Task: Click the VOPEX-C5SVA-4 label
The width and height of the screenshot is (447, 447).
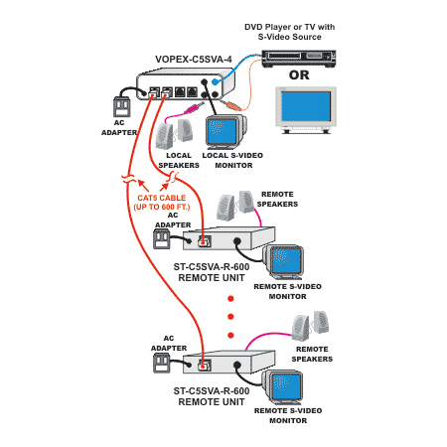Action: pyautogui.click(x=194, y=60)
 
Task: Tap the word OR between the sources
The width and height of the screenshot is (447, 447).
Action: pyautogui.click(x=299, y=75)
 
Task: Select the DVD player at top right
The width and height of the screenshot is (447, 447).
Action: pyautogui.click(x=299, y=59)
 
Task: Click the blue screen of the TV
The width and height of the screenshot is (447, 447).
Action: pyautogui.click(x=306, y=106)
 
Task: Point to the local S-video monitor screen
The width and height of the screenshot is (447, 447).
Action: pyautogui.click(x=222, y=131)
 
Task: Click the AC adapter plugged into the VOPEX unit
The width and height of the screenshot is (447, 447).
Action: pyautogui.click(x=121, y=106)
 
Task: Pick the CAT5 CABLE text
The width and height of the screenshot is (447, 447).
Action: pyautogui.click(x=162, y=198)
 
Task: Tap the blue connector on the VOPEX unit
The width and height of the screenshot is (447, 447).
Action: pyautogui.click(x=216, y=81)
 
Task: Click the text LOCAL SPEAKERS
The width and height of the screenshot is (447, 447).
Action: pyautogui.click(x=179, y=160)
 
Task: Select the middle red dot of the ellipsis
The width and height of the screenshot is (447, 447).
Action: pyautogui.click(x=230, y=317)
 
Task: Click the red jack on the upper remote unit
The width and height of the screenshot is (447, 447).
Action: pyautogui.click(x=204, y=242)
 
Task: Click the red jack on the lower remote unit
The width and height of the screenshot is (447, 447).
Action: pyautogui.click(x=204, y=366)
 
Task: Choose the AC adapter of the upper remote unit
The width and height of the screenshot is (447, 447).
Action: pyautogui.click(x=162, y=239)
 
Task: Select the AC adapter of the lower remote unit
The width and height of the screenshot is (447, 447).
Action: pyautogui.click(x=162, y=363)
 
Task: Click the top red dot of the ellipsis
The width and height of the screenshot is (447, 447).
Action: pyautogui.click(x=230, y=299)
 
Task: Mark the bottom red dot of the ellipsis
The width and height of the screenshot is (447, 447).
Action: pyautogui.click(x=230, y=336)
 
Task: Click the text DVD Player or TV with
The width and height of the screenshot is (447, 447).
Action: pyautogui.click(x=289, y=27)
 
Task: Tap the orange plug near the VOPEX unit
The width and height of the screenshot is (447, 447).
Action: pyautogui.click(x=232, y=106)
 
